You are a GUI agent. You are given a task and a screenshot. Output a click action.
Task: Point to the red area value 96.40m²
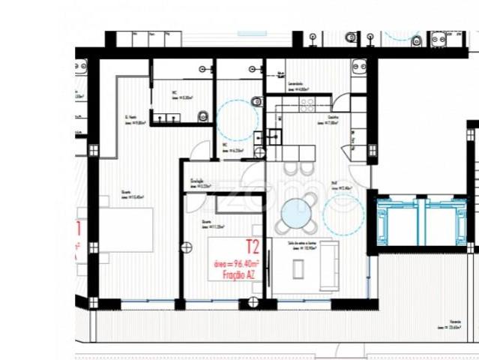click(235, 264)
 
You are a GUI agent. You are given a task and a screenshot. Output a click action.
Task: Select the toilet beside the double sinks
click(203, 115)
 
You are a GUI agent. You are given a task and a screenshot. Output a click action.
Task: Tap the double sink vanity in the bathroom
click(166, 116)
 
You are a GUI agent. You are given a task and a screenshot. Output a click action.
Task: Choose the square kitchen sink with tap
click(275, 136)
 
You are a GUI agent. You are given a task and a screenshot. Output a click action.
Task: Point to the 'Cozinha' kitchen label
click(333, 118)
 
